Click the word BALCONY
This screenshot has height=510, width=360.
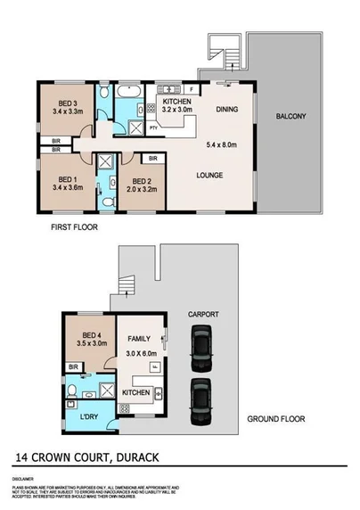point(290,116)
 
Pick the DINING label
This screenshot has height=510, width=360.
point(227,110)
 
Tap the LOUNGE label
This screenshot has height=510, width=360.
point(210,175)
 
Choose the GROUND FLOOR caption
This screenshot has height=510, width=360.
point(277,417)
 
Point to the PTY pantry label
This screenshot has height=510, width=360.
point(153,128)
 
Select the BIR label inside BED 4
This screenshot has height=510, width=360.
point(74,366)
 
